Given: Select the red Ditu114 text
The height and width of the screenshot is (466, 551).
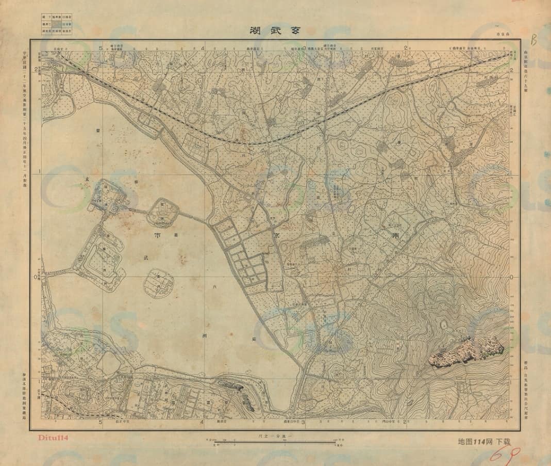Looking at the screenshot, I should coord(54,438).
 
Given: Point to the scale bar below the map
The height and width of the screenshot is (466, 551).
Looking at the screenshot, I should coord(275,442).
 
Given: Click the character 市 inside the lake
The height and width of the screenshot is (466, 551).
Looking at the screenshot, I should coord(157,235).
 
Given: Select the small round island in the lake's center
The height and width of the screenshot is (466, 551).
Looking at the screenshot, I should coord(158,282).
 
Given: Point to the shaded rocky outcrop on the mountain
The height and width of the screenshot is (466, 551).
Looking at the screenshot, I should coord(467,351).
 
